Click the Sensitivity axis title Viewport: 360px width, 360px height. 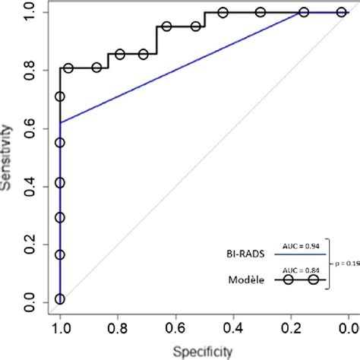click(x=8, y=159)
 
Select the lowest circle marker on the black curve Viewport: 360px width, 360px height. click(x=60, y=299)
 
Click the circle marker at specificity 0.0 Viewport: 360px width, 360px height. click(x=341, y=12)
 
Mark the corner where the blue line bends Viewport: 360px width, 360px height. click(x=60, y=122)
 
